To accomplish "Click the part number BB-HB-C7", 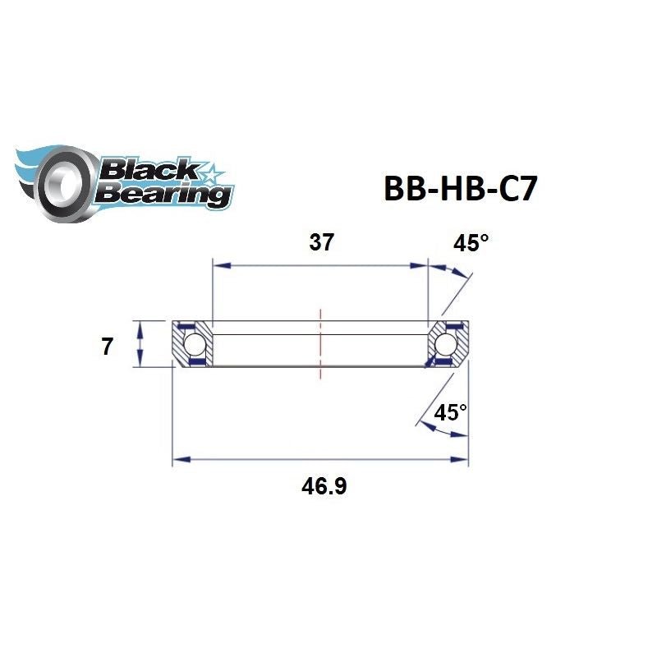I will (461, 186).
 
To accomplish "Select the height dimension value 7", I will (107, 347).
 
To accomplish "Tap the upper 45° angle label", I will (471, 243).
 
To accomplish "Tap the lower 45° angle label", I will (450, 412).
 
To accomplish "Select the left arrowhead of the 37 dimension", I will (219, 265).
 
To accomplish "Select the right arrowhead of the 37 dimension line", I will (421, 265).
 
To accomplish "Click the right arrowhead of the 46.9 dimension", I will (461, 460).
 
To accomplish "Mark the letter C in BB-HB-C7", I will (499, 186).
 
